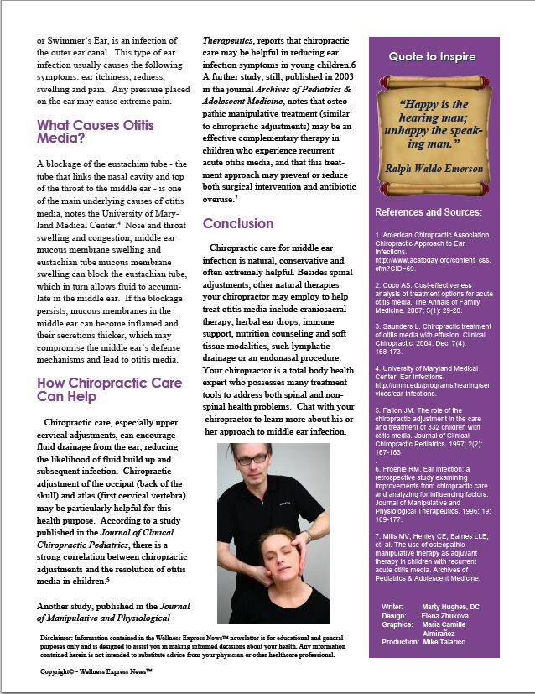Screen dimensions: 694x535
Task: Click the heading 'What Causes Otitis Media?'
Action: [96, 133]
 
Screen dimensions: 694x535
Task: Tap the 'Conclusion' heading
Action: [238, 224]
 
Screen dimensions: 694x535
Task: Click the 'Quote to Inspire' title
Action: [432, 57]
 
